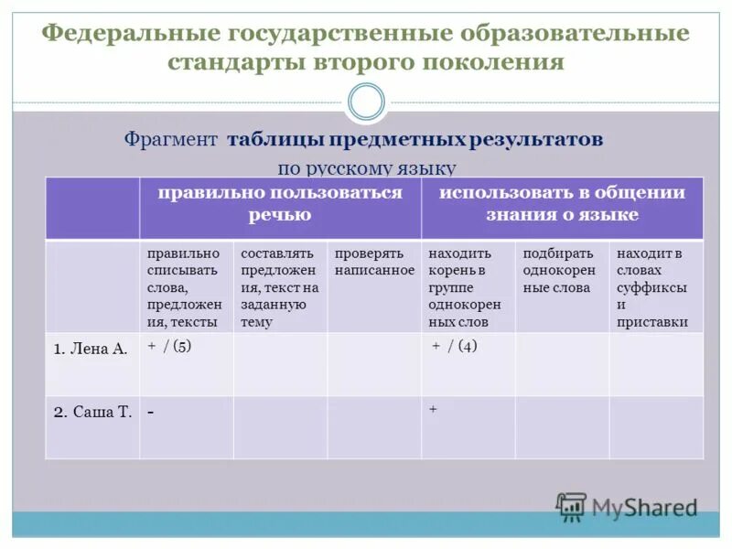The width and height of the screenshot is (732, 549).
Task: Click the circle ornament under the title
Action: coord(367,102)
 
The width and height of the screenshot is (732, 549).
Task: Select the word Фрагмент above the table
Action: coord(171,140)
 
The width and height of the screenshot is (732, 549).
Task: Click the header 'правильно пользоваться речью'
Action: coord(280,204)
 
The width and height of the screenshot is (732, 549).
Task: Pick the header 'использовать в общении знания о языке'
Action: coord(562,204)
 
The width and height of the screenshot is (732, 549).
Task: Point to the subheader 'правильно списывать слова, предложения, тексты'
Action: coord(184,287)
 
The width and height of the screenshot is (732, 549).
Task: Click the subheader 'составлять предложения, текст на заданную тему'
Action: coord(280,287)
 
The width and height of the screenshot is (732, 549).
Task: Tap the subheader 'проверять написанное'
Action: coord(374,262)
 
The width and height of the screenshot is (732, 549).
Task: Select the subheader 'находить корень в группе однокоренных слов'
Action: coord(468,287)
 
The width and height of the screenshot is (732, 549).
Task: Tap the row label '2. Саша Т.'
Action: coord(91,412)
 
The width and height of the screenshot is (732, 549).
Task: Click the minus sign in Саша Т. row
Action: coord(150,412)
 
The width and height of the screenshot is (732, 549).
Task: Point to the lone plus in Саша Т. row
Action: coord(433,409)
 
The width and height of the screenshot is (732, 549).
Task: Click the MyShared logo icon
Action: coord(571,506)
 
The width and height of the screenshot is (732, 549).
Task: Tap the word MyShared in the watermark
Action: coord(644,507)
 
